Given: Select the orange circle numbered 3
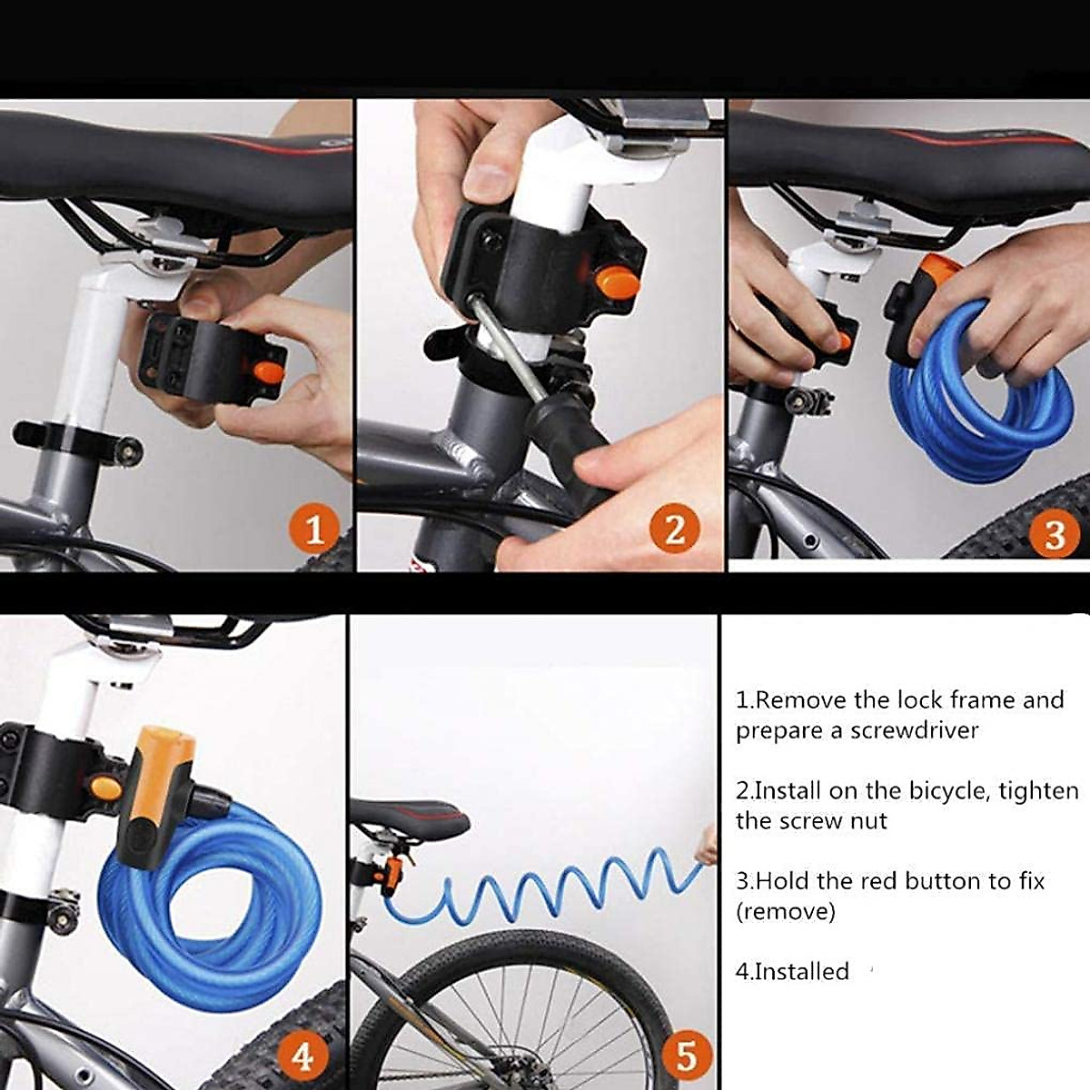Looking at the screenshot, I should [1054, 534].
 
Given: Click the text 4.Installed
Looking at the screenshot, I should [792, 971].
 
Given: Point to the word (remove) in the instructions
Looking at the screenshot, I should [785, 911].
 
